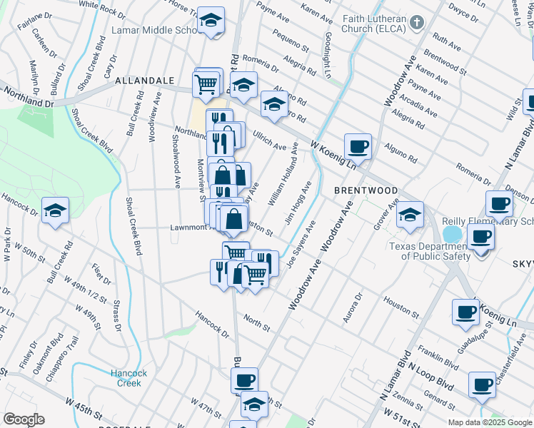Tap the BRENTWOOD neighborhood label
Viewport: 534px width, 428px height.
(x=366, y=191)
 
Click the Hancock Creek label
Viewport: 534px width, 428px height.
(x=129, y=378)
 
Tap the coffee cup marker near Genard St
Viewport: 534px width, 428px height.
(x=482, y=385)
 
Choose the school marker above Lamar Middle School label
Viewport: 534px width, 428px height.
(x=211, y=21)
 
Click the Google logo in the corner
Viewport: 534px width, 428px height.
(x=24, y=419)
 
